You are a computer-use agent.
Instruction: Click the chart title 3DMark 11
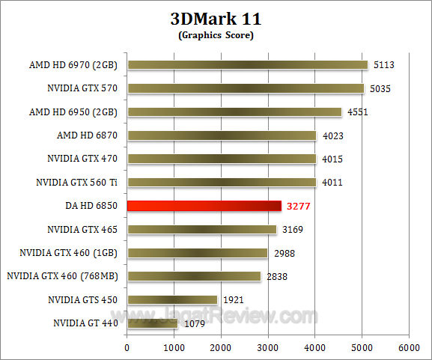[216, 19]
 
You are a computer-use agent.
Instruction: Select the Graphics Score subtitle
[216, 35]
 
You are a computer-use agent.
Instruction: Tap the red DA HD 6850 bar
[204, 206]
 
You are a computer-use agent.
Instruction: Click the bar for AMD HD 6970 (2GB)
[248, 65]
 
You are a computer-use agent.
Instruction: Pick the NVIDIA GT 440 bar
[153, 323]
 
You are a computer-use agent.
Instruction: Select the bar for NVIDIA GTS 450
[172, 299]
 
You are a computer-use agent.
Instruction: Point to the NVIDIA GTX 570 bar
[246, 88]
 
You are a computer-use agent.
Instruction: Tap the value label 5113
[383, 65]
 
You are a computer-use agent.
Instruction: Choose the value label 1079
[196, 324]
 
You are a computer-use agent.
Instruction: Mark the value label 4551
[356, 112]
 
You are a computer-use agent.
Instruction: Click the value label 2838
[277, 277]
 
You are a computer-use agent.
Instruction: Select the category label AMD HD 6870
[90, 135]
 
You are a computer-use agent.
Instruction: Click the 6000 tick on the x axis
[408, 348]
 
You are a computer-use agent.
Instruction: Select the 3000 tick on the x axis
[267, 348]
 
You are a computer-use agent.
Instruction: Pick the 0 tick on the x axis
[127, 348]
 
